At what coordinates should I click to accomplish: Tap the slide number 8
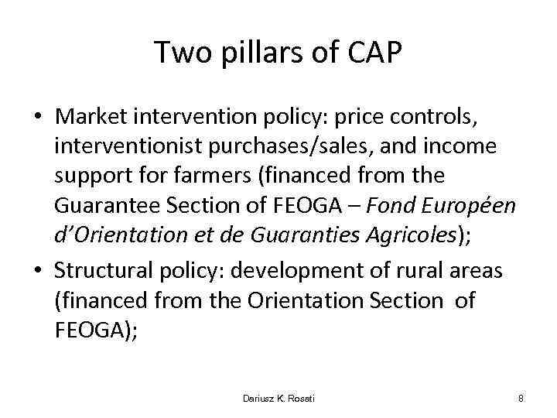click(x=521, y=398)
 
